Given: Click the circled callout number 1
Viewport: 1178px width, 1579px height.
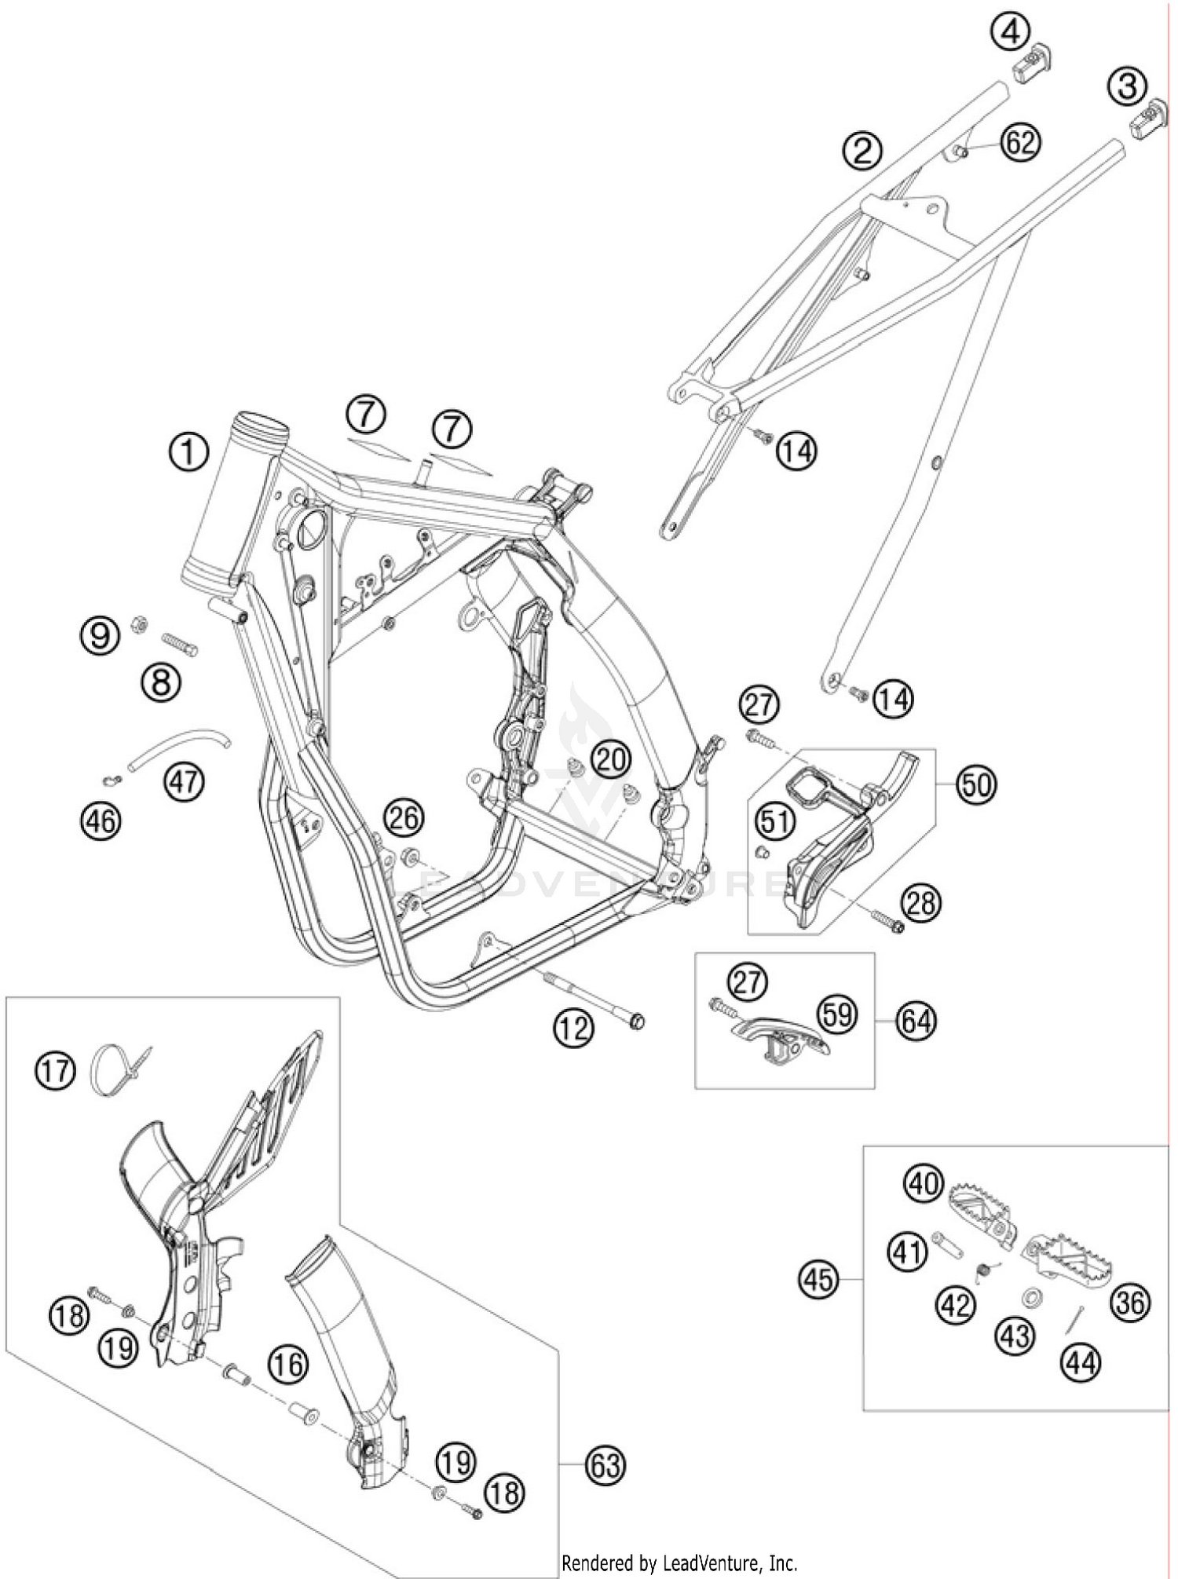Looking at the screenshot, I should (x=188, y=453).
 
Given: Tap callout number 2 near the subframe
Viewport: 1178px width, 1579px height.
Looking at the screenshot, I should (x=862, y=149).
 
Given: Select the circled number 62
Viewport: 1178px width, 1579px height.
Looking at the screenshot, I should (x=1020, y=144).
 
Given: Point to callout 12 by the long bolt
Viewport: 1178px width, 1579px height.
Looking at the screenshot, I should (x=573, y=1026).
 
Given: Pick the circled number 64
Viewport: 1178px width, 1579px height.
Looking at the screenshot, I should (x=916, y=1022).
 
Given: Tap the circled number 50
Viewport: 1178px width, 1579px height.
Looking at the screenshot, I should (x=976, y=784).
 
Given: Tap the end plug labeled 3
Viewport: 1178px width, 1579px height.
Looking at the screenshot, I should (x=1149, y=120).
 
